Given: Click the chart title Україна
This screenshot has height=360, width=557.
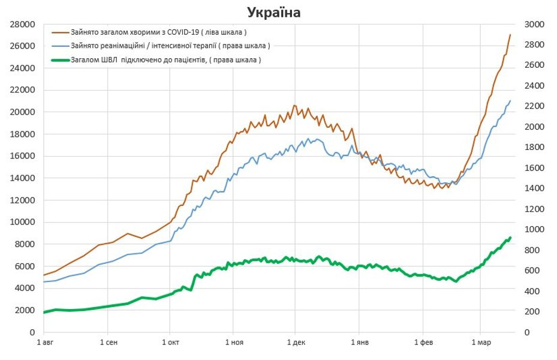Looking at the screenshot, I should point(274,12).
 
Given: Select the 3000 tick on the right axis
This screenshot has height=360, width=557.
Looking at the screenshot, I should point(534,25).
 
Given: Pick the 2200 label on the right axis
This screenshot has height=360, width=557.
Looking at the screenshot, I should point(534,106).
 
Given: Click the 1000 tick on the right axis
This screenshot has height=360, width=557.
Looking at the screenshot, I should point(534,230).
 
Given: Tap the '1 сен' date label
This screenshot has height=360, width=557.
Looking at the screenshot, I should point(107,343).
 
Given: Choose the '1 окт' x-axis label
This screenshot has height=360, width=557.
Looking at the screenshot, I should point(170,343).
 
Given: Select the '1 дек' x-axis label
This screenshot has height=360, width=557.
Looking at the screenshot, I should point(296,343).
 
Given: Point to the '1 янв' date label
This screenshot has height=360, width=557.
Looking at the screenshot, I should point(359,343).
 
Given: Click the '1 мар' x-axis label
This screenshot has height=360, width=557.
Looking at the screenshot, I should point(480,343).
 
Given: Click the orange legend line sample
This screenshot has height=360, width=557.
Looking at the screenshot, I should point(61,32).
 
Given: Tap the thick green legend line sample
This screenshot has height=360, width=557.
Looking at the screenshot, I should point(61,60).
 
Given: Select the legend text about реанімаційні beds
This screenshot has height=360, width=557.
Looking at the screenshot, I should point(170,46).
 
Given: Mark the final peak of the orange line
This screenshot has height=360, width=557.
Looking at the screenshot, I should point(510,35).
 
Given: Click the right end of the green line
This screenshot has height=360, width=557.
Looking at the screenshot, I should point(510,238).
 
